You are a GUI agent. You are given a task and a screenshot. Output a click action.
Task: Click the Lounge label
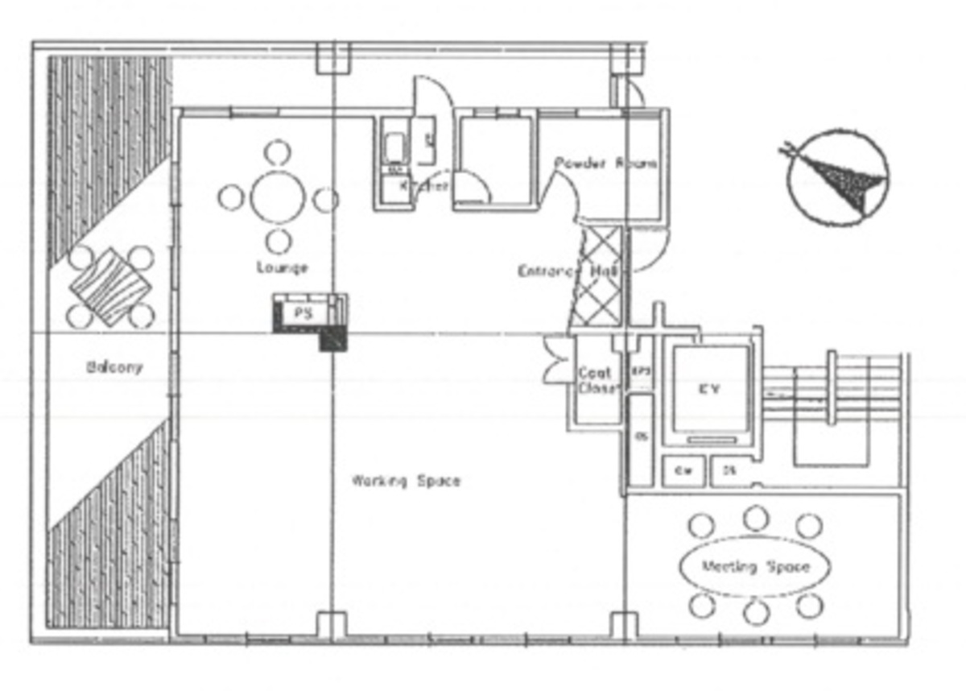282,267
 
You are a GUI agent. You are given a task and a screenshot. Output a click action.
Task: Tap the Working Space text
406,482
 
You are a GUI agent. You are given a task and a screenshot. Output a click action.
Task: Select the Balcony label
114,367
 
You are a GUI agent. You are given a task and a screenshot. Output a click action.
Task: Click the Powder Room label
605,163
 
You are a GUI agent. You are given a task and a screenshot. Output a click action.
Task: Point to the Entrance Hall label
568,271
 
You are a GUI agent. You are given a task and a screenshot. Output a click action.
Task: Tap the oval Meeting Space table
754,566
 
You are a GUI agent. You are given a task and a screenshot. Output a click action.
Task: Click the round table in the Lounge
278,198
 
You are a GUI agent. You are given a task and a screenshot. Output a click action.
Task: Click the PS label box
303,313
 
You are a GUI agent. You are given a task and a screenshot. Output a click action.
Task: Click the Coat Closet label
596,380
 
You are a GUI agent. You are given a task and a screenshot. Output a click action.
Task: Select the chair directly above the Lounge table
278,151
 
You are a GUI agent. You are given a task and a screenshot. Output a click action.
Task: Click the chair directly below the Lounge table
278,240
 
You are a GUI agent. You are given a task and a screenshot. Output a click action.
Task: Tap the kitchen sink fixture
395,148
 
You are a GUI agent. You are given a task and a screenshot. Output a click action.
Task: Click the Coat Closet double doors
557,359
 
